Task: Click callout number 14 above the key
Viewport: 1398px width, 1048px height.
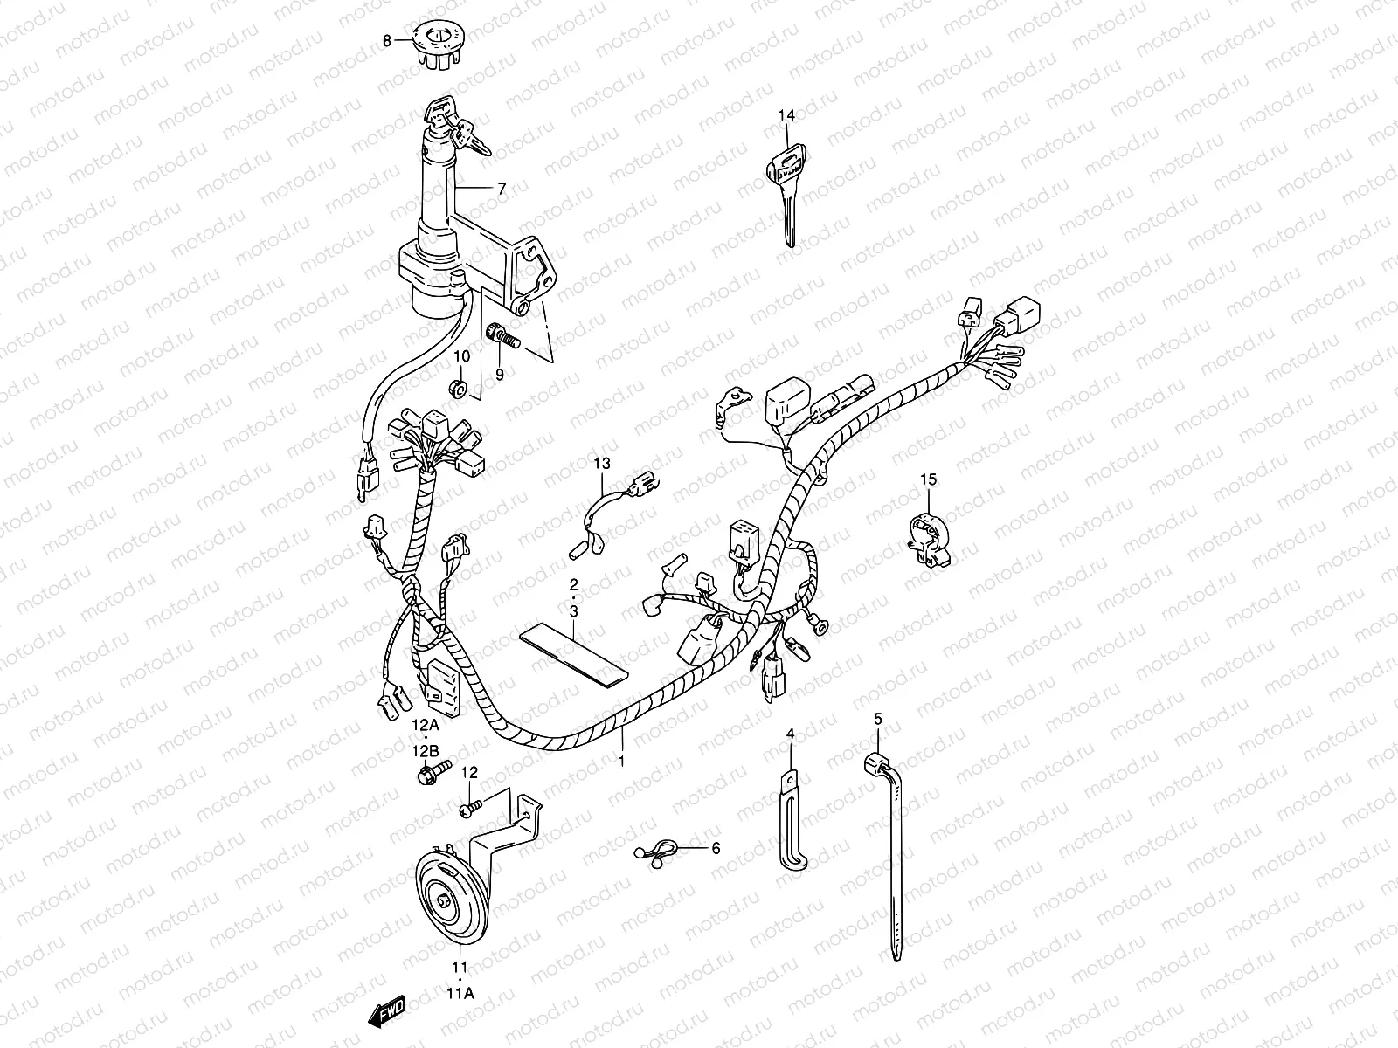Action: coord(787,114)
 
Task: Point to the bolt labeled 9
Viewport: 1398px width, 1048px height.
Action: coord(501,334)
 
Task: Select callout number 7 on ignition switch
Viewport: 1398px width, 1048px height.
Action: coord(502,188)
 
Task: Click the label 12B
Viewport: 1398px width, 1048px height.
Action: coord(426,751)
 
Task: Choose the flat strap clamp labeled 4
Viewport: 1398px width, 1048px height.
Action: coord(792,821)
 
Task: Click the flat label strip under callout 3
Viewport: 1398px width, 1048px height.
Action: coord(573,654)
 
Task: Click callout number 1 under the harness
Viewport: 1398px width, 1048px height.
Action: coord(621,761)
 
